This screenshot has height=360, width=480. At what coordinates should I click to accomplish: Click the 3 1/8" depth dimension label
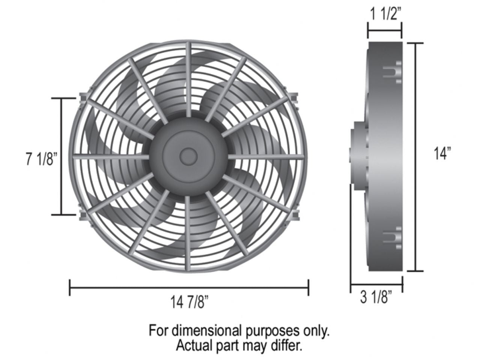(x=376, y=298)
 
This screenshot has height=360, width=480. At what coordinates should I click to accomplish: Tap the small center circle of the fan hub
(x=188, y=156)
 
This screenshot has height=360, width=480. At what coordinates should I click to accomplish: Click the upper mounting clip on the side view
(x=393, y=71)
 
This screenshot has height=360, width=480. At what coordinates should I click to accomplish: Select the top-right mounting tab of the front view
(x=295, y=97)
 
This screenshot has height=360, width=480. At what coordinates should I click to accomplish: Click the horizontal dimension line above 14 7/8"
(x=189, y=288)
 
